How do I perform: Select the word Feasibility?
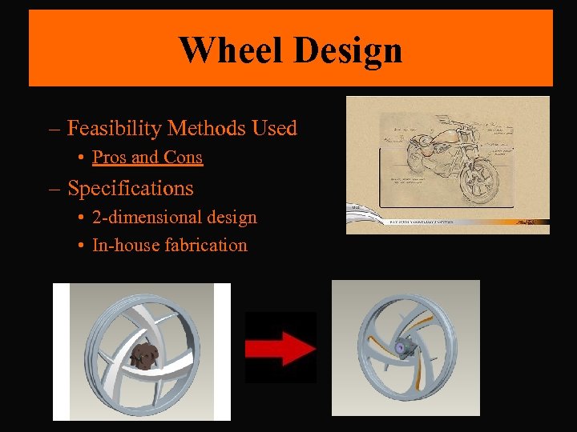pos(116,128)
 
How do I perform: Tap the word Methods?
pos(208,128)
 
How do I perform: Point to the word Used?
pos(274,128)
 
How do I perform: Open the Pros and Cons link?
pos(147,158)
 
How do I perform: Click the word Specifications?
pos(131,188)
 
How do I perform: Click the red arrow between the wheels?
pos(280,348)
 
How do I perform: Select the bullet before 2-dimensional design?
pos(83,218)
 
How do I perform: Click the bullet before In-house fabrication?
pos(83,246)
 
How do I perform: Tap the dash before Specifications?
pos(54,189)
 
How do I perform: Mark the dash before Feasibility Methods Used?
pos(54,129)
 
